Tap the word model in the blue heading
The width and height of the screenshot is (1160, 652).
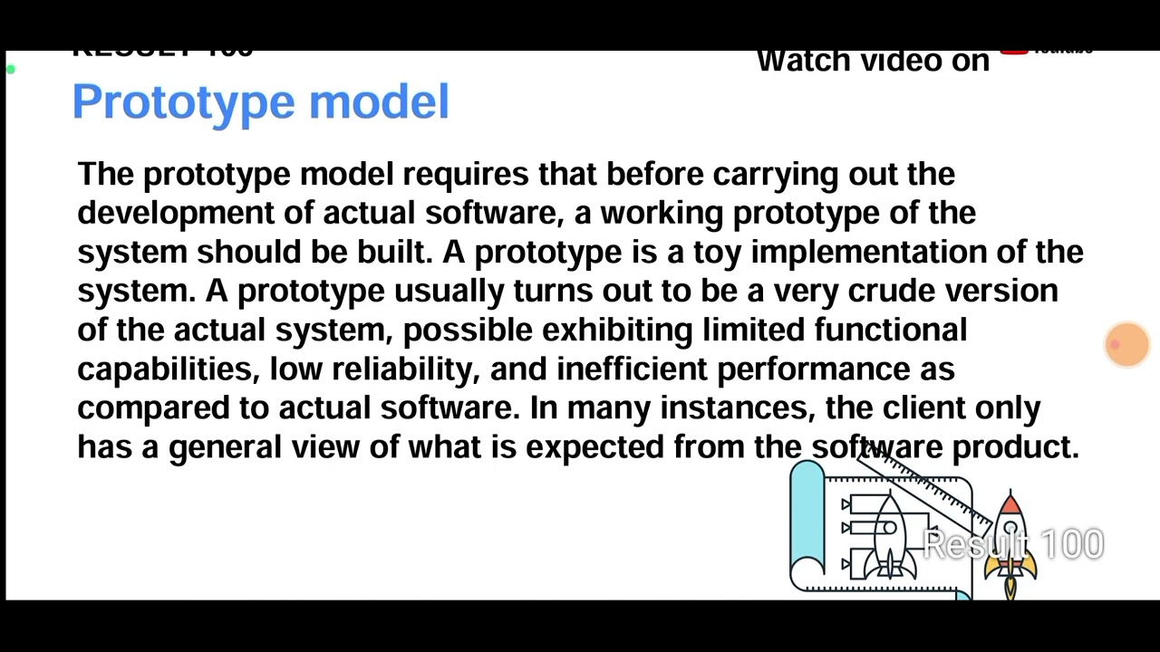tap(379, 101)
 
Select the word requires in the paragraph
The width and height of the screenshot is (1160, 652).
tap(465, 175)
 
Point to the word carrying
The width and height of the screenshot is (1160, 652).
tap(775, 175)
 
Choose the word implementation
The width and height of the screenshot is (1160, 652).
tap(868, 253)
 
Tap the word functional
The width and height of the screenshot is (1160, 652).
tap(890, 330)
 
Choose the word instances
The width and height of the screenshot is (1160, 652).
tap(736, 408)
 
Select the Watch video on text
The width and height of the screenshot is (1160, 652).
tap(873, 62)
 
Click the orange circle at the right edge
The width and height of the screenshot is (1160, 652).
tap(1127, 345)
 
